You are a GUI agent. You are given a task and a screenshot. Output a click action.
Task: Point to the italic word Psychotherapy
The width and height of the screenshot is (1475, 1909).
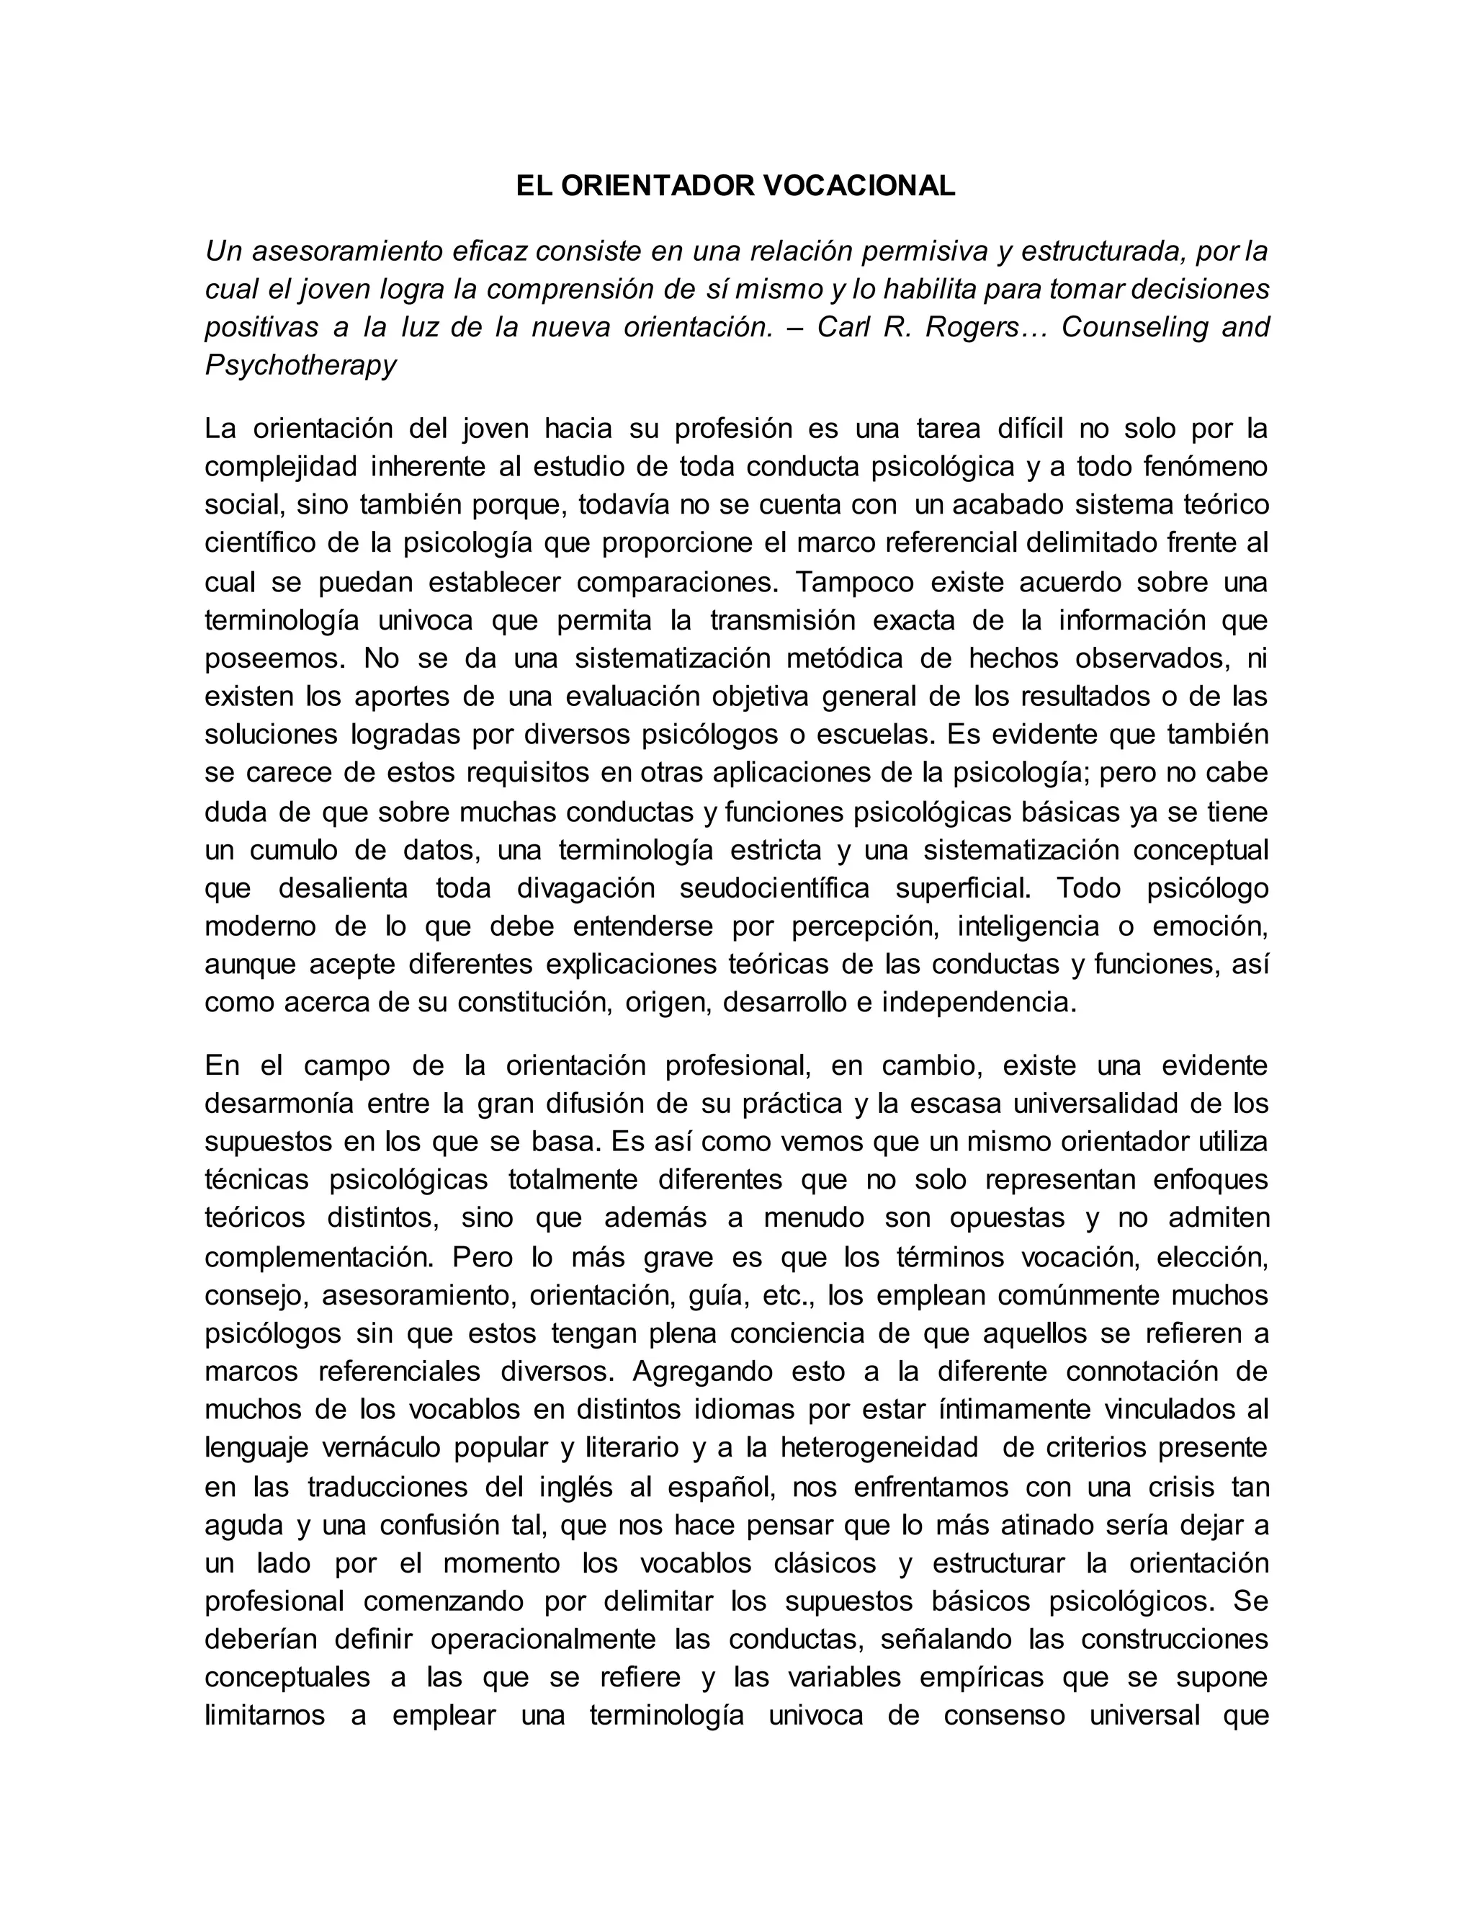(x=300, y=365)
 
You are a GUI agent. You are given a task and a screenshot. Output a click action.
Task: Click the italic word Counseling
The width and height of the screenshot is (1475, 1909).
(x=1130, y=327)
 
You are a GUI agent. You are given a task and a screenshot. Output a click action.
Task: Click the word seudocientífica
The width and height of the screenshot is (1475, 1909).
(x=774, y=888)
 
